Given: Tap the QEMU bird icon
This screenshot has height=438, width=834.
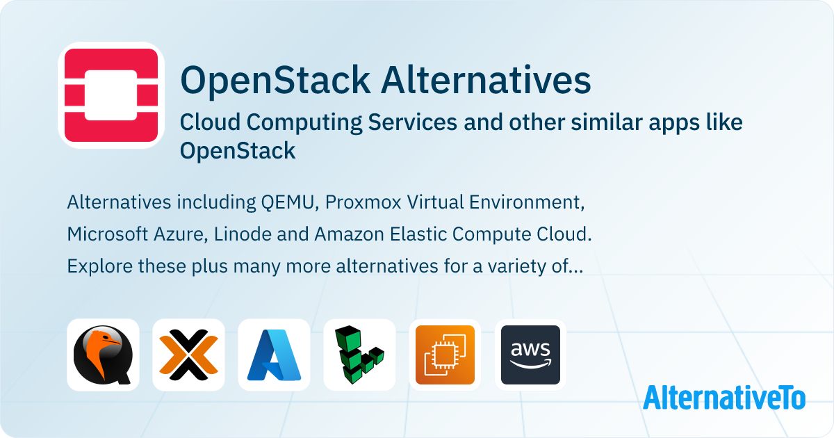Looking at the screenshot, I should (103, 355).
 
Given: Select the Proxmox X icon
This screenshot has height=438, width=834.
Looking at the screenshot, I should (188, 355).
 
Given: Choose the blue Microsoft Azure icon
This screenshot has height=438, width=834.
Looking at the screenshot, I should (274, 355).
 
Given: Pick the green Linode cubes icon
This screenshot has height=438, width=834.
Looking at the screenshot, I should (359, 355).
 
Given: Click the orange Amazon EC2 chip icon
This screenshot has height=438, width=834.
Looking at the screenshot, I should (445, 355).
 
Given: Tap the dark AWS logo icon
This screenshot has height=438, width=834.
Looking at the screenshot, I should (530, 355).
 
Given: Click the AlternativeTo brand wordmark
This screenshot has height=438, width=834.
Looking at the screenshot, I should (724, 397).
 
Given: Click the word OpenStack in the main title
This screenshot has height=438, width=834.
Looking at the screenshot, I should (275, 81).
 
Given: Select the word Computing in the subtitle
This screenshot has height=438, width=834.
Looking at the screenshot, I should (306, 122).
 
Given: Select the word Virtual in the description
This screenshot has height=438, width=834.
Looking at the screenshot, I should (432, 203).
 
